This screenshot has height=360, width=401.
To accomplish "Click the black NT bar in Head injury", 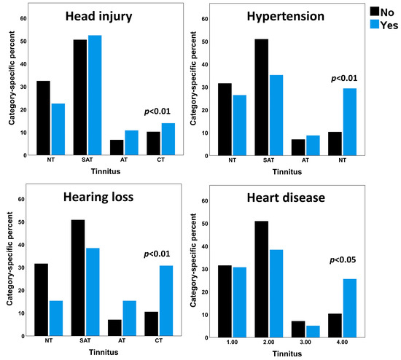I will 44,117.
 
